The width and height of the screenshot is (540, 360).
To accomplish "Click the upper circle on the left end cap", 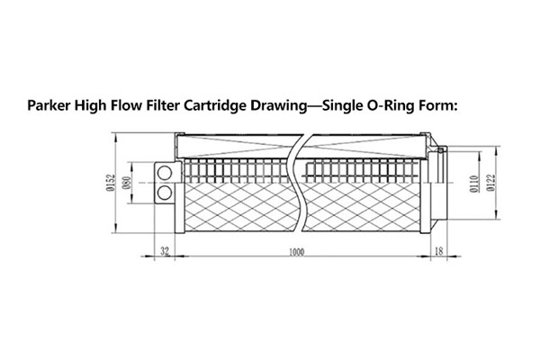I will tap(165, 173).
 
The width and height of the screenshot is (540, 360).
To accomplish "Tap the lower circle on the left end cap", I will tap(165, 192).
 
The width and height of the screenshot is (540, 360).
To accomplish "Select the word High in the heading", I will tap(95, 107).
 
